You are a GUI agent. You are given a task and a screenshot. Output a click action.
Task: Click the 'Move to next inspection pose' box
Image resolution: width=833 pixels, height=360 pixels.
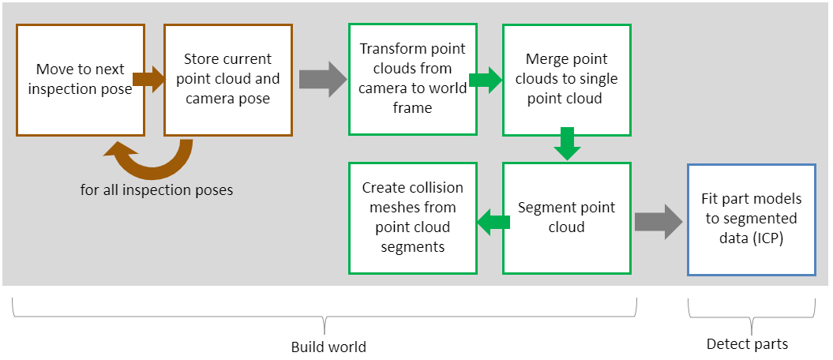81,80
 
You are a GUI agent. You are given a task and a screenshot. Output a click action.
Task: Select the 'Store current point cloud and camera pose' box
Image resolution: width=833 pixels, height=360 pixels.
227,80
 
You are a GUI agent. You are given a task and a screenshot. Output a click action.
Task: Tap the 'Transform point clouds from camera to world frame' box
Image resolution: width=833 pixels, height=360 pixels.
412,79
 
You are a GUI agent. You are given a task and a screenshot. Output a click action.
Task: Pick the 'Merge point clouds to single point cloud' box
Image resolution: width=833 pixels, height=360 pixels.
566,79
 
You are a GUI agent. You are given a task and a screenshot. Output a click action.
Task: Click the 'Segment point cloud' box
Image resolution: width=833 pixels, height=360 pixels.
566,218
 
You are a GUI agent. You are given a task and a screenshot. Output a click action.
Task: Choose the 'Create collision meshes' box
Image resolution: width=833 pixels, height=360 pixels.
412,218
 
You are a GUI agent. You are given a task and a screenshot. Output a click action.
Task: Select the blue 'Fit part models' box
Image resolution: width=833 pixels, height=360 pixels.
750,219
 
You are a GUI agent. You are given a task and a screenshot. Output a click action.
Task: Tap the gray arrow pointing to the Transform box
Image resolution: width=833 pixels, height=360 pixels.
322,81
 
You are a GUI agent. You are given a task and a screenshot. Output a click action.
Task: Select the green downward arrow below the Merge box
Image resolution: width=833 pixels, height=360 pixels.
565,143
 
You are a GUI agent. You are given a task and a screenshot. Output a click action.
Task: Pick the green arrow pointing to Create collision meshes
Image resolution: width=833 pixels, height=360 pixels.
490,222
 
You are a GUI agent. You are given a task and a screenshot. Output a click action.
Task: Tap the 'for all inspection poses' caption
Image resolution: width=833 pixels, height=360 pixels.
156,190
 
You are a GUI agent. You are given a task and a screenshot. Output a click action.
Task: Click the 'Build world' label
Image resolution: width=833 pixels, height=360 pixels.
328,347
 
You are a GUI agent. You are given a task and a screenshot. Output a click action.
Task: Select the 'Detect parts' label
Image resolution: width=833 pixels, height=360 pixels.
747,344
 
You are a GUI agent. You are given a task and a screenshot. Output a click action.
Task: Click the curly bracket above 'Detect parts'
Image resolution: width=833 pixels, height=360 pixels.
750,317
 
